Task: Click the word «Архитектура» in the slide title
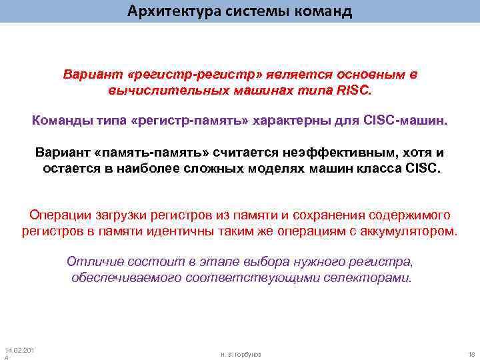pyautogui.click(x=167, y=11)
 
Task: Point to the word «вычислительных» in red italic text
pyautogui.click(x=155, y=89)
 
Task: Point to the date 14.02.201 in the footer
pyautogui.click(x=20, y=350)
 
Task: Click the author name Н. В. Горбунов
pyautogui.click(x=241, y=354)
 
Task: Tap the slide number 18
pyautogui.click(x=471, y=354)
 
